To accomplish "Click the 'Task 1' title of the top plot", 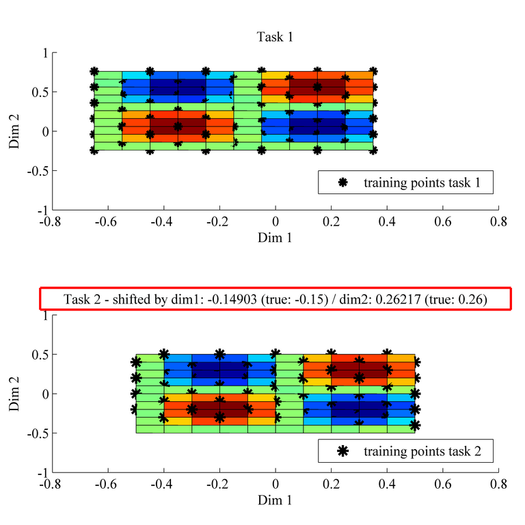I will [275, 36].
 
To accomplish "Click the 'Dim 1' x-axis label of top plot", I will [275, 237].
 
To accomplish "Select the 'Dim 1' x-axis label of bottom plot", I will [275, 500].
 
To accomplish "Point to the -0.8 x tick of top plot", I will [52, 222].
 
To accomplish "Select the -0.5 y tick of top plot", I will [38, 171].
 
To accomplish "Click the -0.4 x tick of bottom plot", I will [163, 485].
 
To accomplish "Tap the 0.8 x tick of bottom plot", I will [499, 485].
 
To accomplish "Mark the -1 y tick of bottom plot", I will [42, 472].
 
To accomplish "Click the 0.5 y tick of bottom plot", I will [40, 355].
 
